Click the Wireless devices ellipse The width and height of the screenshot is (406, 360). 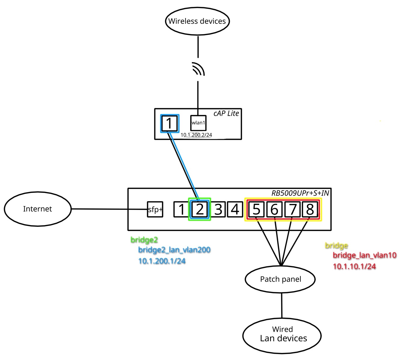[x=197, y=21]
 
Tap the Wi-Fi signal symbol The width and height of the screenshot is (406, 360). [x=198, y=69]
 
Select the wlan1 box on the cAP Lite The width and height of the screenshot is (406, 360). [x=198, y=123]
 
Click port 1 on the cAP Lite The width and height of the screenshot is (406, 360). [x=170, y=123]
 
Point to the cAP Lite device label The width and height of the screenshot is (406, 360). [x=226, y=113]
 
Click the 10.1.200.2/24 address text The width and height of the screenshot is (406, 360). [x=196, y=135]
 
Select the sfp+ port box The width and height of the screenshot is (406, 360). [x=155, y=209]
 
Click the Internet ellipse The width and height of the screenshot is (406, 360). [x=38, y=209]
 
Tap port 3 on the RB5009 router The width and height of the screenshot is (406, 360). [x=218, y=209]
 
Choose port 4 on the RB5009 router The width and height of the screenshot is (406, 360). [x=235, y=209]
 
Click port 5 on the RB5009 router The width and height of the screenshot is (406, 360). [x=256, y=209]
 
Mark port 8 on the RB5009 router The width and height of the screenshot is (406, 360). [x=310, y=209]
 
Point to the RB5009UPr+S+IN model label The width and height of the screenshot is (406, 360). [x=300, y=193]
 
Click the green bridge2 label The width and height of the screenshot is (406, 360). [x=144, y=240]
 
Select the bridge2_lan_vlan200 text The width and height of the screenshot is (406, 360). [x=174, y=250]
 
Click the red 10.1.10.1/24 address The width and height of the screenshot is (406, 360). [x=354, y=266]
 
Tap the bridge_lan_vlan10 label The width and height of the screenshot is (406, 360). [x=364, y=255]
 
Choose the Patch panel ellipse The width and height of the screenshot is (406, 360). [x=280, y=279]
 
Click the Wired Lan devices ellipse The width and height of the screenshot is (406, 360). [x=282, y=335]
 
